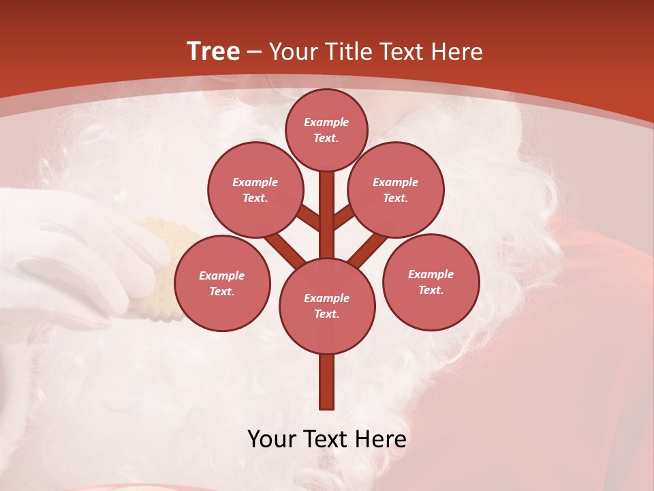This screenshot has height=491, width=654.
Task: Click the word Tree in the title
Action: coord(213,52)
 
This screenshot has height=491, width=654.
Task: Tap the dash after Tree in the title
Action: coord(255,53)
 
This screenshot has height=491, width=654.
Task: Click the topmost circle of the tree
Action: coord(326,130)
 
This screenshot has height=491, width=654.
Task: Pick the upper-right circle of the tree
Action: coord(396,190)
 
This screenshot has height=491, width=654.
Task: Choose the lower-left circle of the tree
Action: coord(222,283)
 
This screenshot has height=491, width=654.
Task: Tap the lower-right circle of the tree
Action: coord(431,282)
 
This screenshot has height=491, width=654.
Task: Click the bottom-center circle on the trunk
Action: coord(327,306)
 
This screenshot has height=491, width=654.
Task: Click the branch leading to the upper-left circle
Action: coord(309,218)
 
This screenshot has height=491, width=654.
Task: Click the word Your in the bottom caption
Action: coord(270,439)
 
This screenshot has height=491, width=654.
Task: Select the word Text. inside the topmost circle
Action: coord(326,138)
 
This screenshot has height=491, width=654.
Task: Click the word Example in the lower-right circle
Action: coord(431,274)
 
